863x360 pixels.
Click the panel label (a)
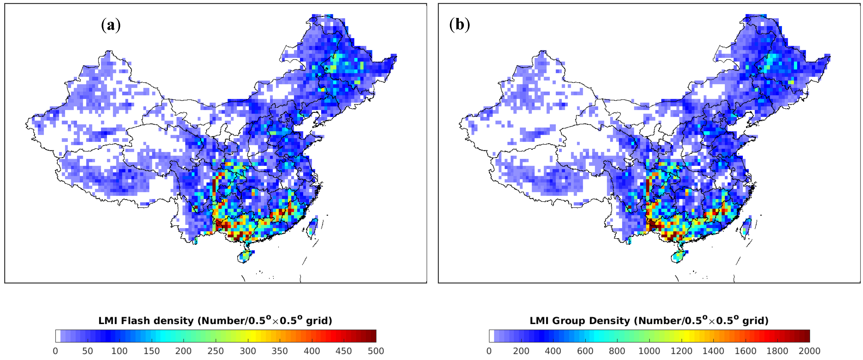111,25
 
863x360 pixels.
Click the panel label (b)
459,25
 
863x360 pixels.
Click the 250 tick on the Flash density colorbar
215,351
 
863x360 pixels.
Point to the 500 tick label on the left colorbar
375,351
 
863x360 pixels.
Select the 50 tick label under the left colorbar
87,351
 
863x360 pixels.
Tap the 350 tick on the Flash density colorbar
279,351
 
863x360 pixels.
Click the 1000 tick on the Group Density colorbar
649,351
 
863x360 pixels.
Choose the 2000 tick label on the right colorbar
809,351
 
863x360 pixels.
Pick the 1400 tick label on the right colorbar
713,351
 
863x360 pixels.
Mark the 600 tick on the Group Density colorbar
585,351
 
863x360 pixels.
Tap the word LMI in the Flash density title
108,321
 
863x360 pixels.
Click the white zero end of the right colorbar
491,336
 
